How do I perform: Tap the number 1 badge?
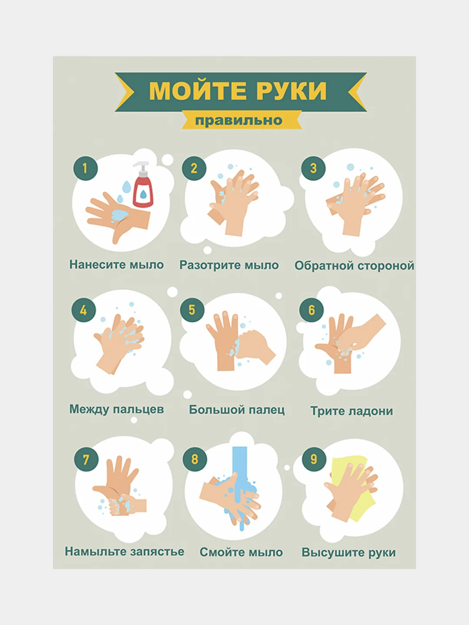tap(85, 168)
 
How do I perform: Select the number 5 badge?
tap(192, 310)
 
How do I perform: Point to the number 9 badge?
tap(314, 459)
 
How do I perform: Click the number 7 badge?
tap(86, 460)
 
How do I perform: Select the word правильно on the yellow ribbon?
tap(239, 121)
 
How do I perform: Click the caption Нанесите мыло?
tap(116, 264)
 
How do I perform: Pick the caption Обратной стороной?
tap(354, 266)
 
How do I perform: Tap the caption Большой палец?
tap(237, 410)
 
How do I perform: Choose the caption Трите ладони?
tap(352, 411)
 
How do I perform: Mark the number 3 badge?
tap(313, 168)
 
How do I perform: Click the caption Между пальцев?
tap(116, 409)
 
